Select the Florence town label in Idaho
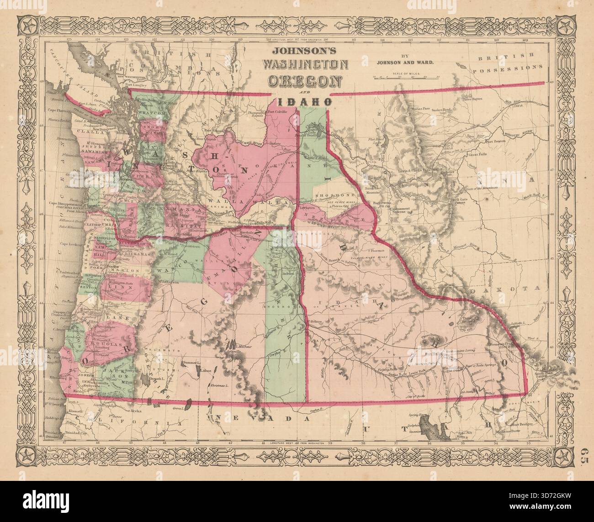380,251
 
